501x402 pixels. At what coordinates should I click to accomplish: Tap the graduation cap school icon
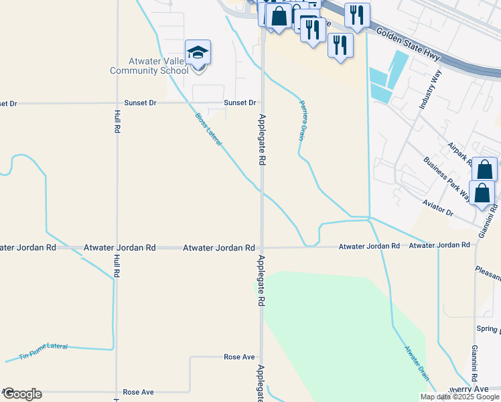[198, 52]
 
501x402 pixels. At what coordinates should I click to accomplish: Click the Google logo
[22, 394]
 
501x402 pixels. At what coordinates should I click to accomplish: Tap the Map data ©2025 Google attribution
[459, 397]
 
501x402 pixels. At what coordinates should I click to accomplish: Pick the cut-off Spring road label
[488, 329]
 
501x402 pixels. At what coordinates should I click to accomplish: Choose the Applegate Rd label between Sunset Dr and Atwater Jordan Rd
[262, 140]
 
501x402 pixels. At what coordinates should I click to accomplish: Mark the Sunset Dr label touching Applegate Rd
[240, 103]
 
